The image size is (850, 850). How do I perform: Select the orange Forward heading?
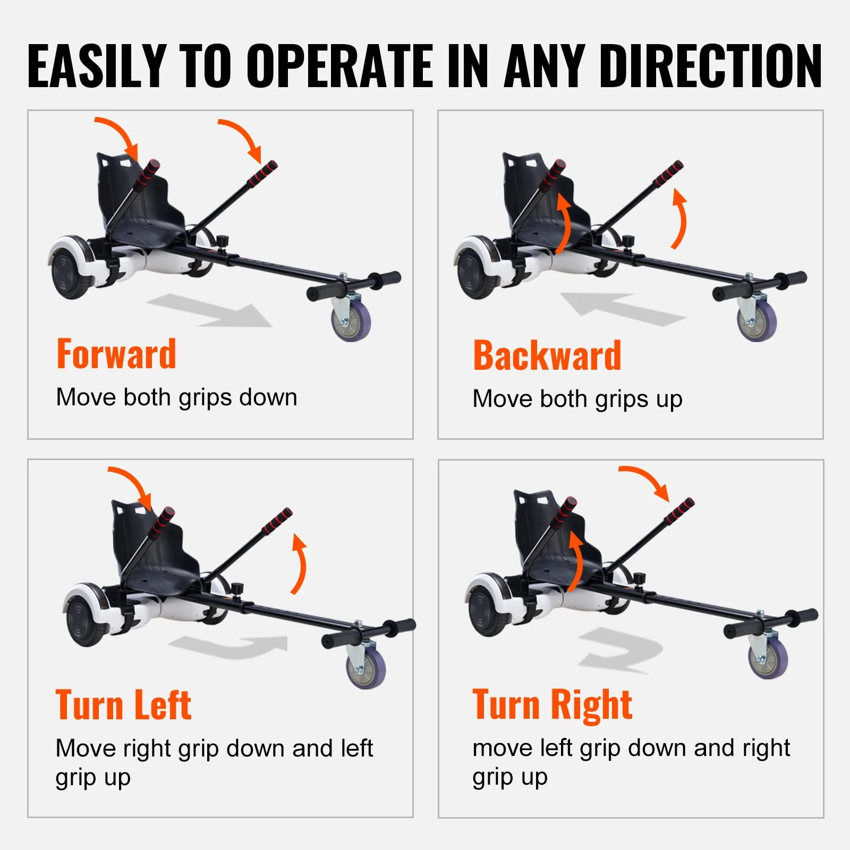116,354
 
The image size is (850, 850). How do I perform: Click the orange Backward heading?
547,355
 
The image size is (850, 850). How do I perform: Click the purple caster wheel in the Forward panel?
351,321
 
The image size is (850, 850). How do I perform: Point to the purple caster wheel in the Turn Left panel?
366,669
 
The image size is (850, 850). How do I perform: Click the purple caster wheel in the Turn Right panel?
768,659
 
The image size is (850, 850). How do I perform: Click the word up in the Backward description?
669,400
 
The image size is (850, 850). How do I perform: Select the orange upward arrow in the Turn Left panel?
300,564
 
